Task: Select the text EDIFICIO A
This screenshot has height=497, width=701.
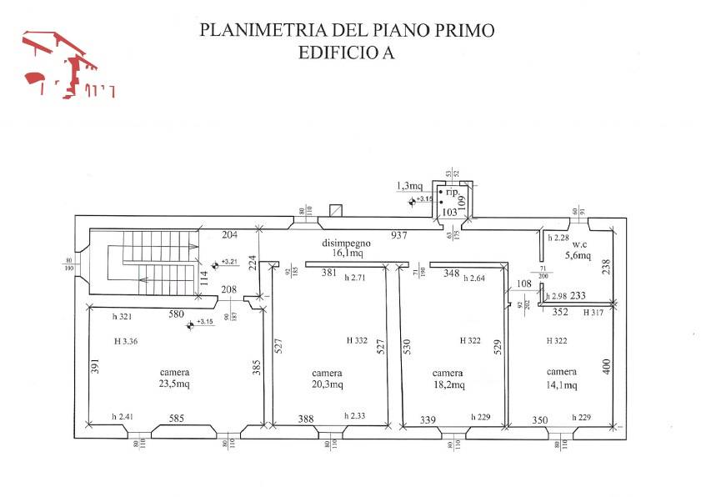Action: tap(346, 53)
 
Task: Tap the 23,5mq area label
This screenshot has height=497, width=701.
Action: tap(176, 384)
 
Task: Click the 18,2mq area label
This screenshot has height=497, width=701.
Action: tap(448, 384)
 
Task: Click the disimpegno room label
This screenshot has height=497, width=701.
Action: tap(347, 242)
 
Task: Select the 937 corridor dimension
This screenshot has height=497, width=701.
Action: tap(399, 235)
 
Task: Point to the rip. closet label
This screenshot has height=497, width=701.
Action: tap(453, 192)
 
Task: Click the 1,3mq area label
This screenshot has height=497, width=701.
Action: tap(409, 185)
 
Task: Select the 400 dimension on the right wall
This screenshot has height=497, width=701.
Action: tap(607, 365)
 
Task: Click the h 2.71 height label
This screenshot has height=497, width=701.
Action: tap(355, 278)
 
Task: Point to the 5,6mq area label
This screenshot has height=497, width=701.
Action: tap(578, 255)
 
